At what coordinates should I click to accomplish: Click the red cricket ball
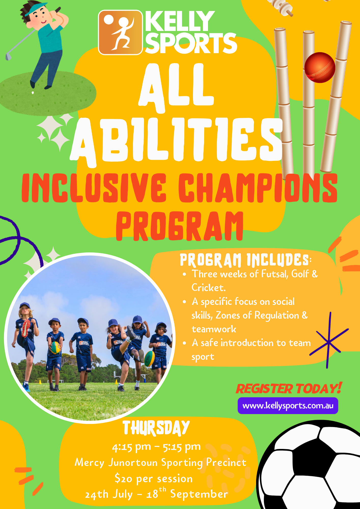coord(320,67)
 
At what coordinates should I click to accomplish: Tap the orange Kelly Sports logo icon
coord(120,32)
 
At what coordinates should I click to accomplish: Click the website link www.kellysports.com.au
coord(288,405)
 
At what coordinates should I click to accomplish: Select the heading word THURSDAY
coord(156,428)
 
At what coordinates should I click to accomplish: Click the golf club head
coord(8,56)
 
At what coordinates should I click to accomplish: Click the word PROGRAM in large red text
coord(180,226)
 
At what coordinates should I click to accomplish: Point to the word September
coord(199,494)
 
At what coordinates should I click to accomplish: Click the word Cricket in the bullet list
coord(209,288)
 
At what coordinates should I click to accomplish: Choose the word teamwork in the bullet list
coord(214,329)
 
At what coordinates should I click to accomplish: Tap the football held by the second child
coord(55,348)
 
